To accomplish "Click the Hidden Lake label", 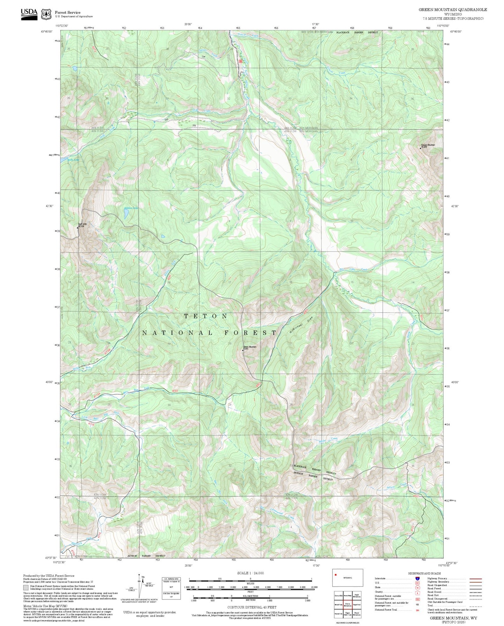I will point(131,208).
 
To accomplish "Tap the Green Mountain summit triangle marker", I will point(243,350).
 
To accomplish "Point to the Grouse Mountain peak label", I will point(428,145).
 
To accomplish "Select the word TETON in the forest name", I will point(206,316).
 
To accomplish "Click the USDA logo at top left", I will point(29,13).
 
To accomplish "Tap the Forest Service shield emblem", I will point(46,14).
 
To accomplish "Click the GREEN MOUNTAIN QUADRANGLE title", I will point(453,10).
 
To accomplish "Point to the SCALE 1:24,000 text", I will point(250,573).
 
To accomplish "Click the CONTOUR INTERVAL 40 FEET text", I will point(251,607).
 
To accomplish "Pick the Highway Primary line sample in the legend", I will point(476,579).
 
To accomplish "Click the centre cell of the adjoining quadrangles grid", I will point(347,604).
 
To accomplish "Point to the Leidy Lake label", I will point(73,160).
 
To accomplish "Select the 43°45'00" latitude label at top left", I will point(46,31).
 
